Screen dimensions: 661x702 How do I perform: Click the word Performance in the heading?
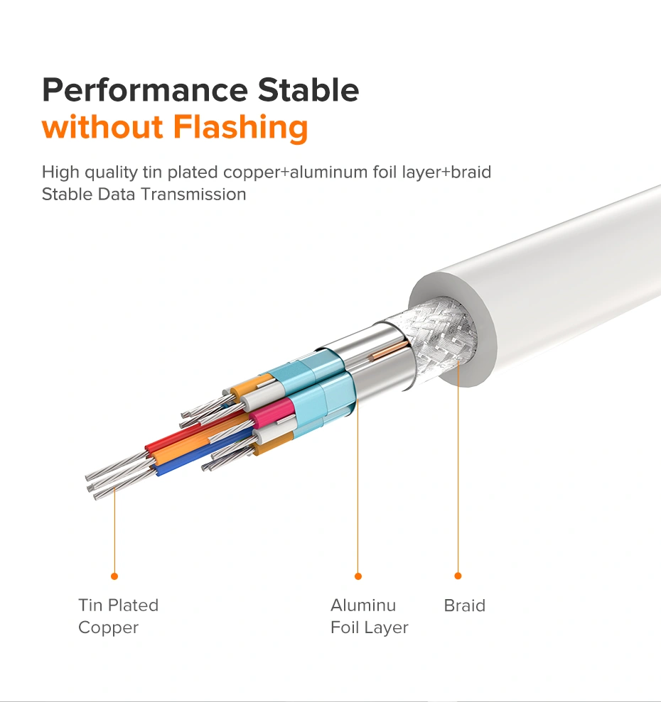pos(145,90)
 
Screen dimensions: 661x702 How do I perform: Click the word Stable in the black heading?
pos(308,89)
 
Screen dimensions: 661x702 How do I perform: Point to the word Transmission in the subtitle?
pos(194,194)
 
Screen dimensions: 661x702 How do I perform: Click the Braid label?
pos(465,605)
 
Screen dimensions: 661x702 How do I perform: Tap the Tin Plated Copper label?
pos(119,616)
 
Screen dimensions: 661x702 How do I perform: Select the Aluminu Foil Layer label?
pos(370,616)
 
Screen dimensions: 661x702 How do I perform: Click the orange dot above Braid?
pos(458,576)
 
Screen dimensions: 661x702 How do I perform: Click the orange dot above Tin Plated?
pos(114,576)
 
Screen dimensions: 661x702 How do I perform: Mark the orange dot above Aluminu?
pos(358,576)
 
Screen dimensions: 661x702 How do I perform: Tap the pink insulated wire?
pos(272,412)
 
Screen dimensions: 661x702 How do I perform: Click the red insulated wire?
pos(193,432)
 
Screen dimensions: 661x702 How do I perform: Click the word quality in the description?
pos(111,172)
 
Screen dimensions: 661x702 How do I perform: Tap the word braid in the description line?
pos(471,172)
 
